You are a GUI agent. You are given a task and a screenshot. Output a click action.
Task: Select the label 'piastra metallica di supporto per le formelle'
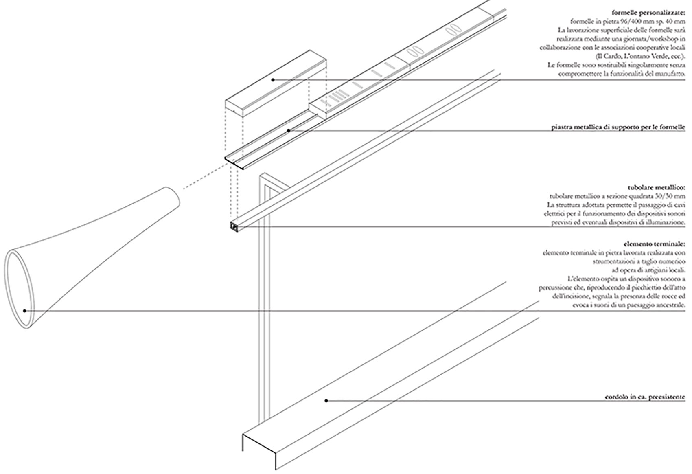(618, 128)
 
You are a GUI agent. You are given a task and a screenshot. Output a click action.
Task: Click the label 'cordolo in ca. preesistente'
(645, 397)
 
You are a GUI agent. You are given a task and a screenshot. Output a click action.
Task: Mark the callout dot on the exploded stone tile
(273, 79)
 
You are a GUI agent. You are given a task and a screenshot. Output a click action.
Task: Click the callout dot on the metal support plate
(289, 131)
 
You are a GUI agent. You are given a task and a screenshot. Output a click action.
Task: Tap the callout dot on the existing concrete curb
(326, 401)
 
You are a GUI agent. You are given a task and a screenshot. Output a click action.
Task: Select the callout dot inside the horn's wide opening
(25, 311)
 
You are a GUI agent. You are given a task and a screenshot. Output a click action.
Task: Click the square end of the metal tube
(234, 226)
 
